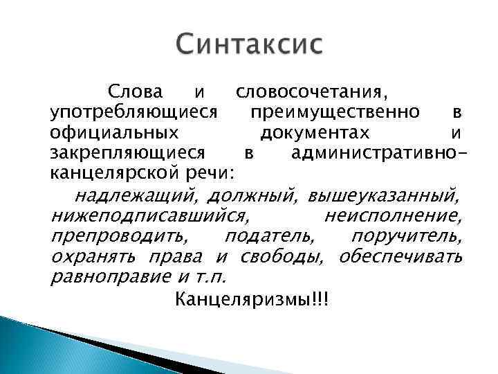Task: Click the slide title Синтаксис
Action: tap(248, 47)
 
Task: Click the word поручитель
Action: tap(406, 238)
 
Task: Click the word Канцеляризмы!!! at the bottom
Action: tap(252, 300)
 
